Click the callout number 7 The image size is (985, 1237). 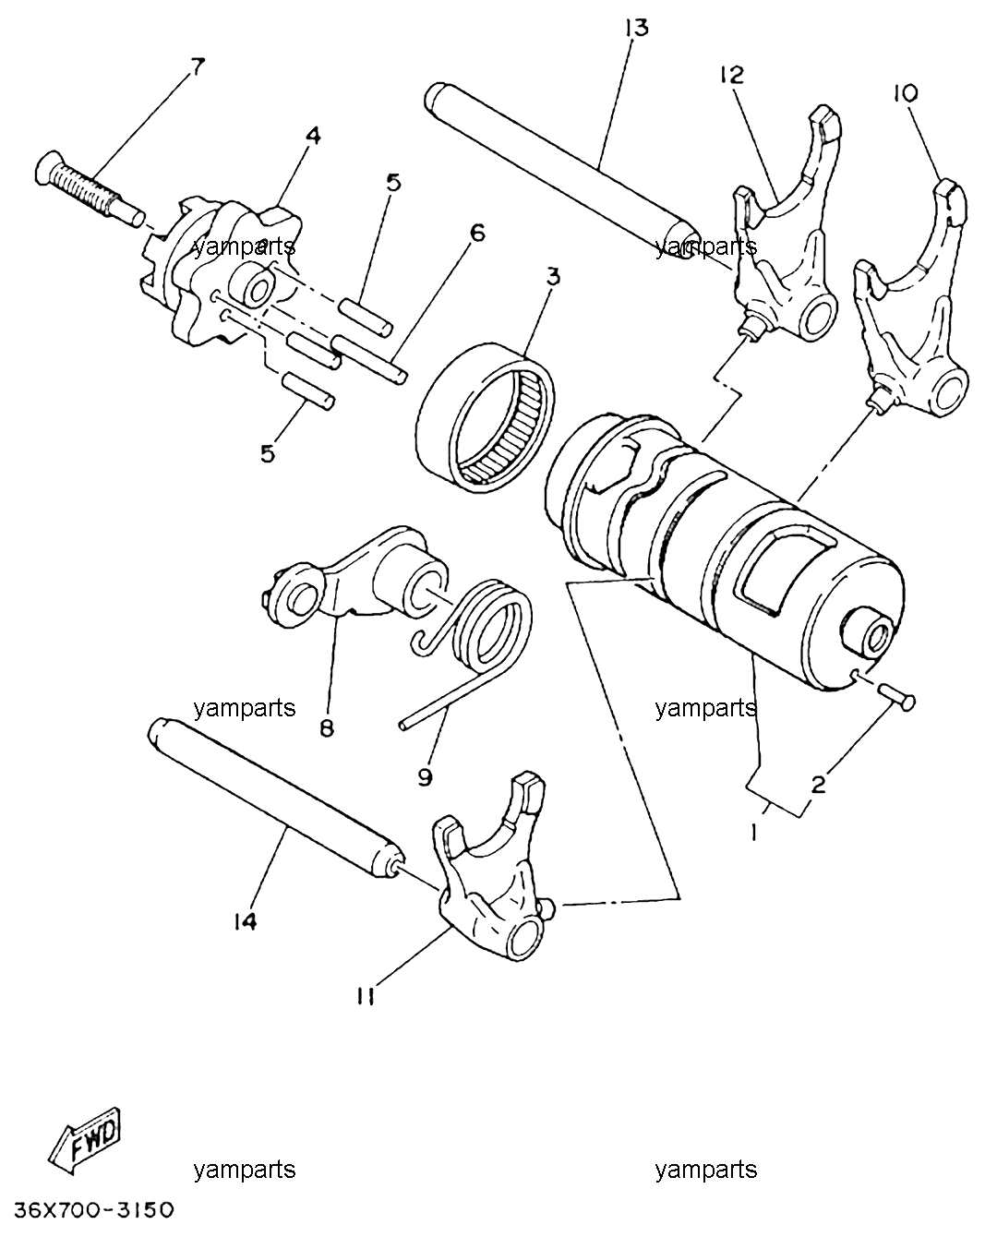tap(197, 66)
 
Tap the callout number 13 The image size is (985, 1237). tap(636, 28)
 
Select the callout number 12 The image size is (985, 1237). tap(731, 75)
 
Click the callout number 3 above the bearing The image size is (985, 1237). tap(553, 277)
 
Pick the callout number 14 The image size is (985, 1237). tap(245, 922)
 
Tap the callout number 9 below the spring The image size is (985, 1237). tap(425, 777)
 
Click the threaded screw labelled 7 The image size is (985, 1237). tap(90, 191)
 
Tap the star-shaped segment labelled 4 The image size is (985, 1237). tap(222, 276)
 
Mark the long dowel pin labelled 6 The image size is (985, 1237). tap(370, 359)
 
